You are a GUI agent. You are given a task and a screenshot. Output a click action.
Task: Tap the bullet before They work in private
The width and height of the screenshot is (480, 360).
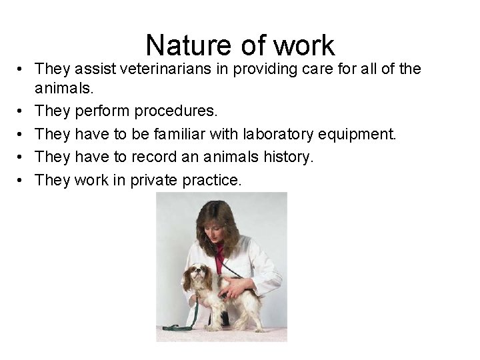[23, 181]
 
